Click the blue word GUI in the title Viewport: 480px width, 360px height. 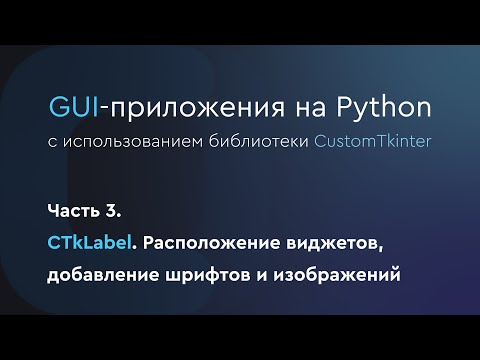point(71,107)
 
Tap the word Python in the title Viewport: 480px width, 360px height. point(386,107)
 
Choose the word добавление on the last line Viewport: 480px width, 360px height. point(104,275)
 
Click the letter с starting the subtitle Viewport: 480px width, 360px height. point(52,141)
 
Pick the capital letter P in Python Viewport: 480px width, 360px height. point(349,107)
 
